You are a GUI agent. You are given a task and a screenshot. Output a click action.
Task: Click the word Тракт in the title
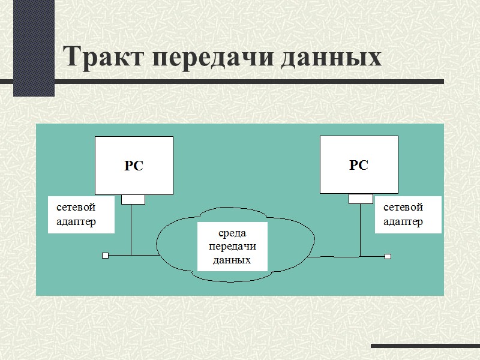[103, 58]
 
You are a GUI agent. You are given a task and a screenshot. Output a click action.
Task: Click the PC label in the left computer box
[133, 166]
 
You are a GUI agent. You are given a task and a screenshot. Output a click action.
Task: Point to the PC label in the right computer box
[358, 165]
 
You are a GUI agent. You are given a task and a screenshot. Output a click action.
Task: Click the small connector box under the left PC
[133, 199]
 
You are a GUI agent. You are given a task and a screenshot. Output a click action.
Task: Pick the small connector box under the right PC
[361, 199]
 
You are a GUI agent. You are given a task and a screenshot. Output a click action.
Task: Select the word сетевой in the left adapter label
[76, 207]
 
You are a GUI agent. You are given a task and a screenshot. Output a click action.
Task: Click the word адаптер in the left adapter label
[76, 221]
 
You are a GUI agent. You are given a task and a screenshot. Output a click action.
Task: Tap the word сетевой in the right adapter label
[403, 207]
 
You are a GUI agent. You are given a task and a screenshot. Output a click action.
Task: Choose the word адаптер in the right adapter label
[403, 221]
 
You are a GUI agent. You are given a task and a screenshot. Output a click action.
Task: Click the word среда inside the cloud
[232, 233]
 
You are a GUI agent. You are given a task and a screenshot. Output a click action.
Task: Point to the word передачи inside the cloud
[232, 247]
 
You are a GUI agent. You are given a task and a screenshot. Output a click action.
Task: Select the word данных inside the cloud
[232, 260]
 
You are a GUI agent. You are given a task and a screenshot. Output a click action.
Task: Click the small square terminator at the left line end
[105, 256]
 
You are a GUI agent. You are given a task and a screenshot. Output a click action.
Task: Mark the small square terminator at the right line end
[388, 256]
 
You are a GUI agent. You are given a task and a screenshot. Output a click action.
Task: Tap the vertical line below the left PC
[131, 231]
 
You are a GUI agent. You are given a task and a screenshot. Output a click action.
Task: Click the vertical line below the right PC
[360, 231]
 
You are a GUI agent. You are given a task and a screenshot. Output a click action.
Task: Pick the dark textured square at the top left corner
[34, 48]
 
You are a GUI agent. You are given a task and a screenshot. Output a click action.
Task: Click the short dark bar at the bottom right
[425, 346]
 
